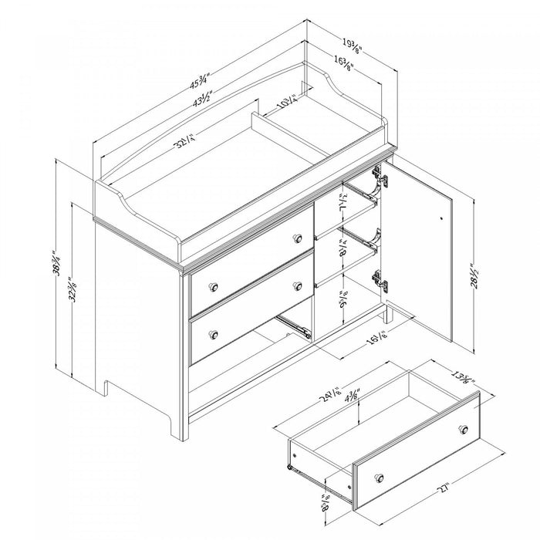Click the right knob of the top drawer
[x=297, y=238]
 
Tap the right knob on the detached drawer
[x=464, y=429]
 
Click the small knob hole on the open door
[x=440, y=218]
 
